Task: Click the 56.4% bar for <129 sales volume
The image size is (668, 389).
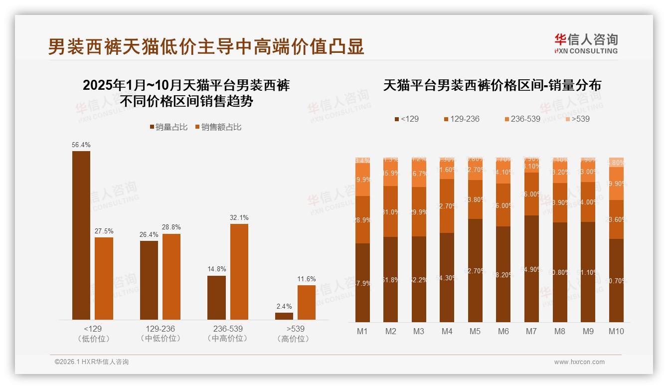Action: point(81,234)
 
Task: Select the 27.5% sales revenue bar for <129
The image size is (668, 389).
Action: point(104,278)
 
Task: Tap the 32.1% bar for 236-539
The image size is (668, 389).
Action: point(239,272)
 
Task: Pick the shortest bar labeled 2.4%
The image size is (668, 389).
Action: point(284,316)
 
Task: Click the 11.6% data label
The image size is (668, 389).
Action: point(307,279)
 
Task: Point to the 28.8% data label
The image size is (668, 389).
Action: point(171,227)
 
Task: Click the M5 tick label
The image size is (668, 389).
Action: point(475,331)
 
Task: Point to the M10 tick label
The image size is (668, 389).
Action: point(616,331)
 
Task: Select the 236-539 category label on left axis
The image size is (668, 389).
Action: point(228,329)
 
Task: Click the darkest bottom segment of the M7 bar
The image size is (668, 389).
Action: point(531,269)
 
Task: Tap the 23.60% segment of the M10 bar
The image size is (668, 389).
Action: point(616,219)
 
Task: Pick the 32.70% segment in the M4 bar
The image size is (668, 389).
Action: point(447,205)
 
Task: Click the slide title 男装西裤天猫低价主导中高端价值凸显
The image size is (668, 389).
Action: point(206,46)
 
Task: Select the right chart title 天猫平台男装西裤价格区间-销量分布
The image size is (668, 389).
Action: point(492,85)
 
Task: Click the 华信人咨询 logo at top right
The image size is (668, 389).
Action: point(586,43)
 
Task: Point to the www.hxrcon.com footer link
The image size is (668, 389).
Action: point(579,362)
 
